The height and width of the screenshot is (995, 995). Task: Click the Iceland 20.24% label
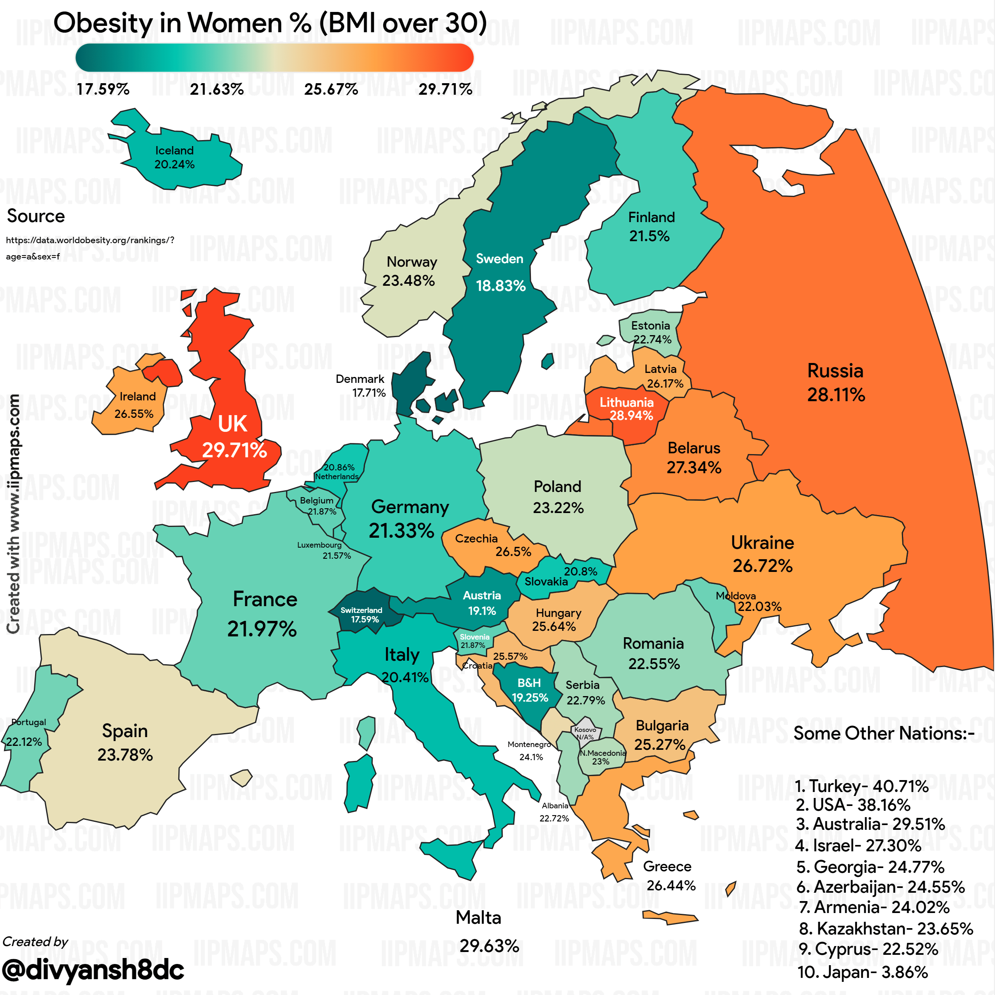175,158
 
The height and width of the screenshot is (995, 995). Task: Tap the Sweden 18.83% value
501,286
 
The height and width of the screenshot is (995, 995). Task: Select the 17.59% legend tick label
103,90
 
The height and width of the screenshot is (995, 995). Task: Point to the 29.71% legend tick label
445,90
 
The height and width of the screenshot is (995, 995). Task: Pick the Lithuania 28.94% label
627,409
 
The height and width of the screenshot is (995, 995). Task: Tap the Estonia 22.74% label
652,332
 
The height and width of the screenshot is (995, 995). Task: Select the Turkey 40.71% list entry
861,786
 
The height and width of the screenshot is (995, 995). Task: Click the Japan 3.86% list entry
862,972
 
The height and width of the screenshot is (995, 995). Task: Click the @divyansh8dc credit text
93,970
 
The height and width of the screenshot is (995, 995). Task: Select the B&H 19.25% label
529,690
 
